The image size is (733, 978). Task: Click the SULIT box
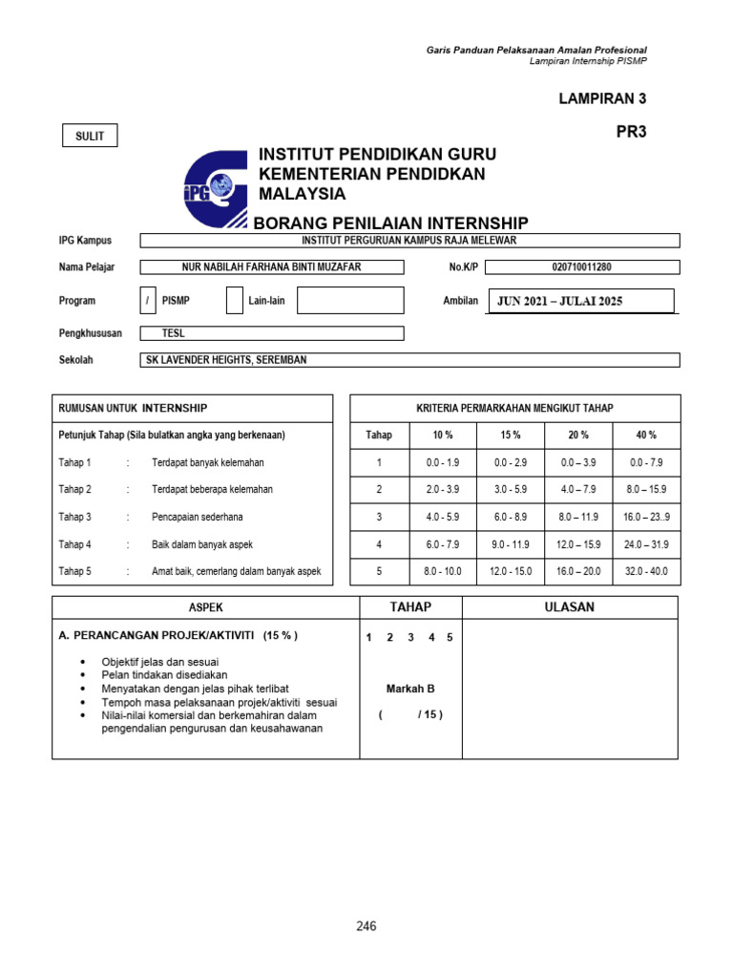coord(90,137)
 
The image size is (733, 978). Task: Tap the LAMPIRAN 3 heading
coord(602,98)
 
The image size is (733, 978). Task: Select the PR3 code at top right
coord(631,133)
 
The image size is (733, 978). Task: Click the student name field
coord(272,267)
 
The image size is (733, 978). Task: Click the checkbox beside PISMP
coord(148,301)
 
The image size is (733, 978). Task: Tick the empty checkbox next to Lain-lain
coord(235,301)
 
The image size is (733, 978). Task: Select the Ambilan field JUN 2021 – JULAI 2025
coord(580,302)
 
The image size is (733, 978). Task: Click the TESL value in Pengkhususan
coord(272,334)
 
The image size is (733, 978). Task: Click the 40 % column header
coord(646,435)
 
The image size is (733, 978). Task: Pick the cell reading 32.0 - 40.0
coord(646,572)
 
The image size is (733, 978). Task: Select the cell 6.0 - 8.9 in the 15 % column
coord(511,517)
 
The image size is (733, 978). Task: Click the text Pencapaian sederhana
coord(197,517)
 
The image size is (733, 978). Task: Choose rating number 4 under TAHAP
coord(430,638)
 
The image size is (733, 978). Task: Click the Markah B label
coord(410,689)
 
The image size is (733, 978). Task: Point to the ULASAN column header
coord(570,607)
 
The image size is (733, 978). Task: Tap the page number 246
coord(366,925)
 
